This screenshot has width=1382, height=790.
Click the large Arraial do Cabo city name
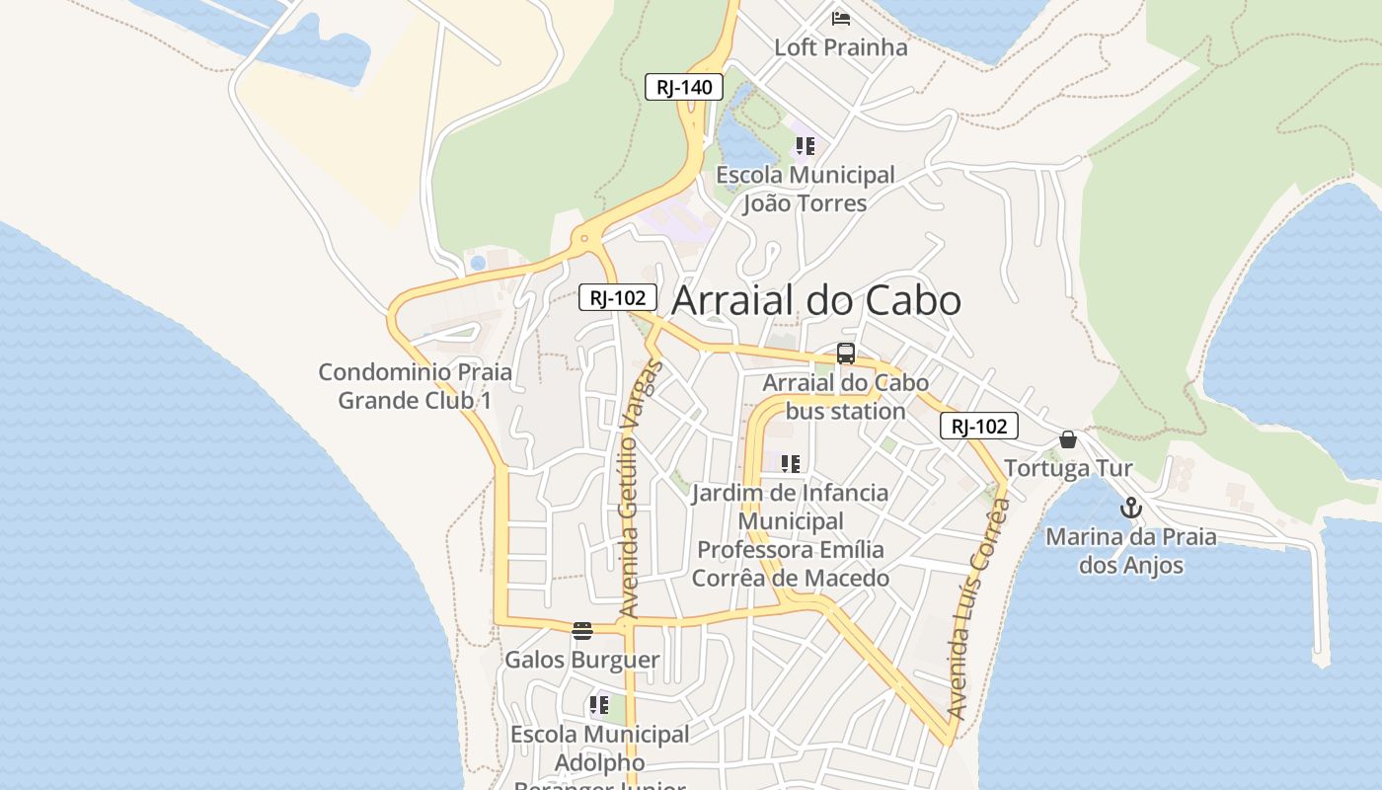coord(816,301)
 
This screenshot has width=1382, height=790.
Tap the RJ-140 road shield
coord(684,87)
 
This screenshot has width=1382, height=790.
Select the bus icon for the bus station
coord(846,354)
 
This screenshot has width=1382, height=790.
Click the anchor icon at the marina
coord(1131,509)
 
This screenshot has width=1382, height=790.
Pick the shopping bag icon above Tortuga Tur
coord(1068,439)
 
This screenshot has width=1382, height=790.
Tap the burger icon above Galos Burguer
coord(582,630)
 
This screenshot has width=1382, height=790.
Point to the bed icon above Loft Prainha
coord(841,19)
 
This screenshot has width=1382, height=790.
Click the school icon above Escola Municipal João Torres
coord(806,146)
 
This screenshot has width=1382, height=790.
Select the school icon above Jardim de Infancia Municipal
coord(791,463)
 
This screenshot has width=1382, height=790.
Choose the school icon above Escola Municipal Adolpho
coord(599,705)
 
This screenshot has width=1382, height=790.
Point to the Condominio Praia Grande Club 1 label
coord(415,386)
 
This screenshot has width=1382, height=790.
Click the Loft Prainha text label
coord(841,47)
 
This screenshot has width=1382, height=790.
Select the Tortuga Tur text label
coord(1068,468)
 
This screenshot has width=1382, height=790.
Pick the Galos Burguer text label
coord(582,660)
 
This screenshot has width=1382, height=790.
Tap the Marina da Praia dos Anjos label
coord(1131,551)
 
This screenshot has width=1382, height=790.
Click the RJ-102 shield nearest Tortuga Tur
coord(978,426)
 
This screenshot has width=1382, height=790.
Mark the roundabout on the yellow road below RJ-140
coord(585,238)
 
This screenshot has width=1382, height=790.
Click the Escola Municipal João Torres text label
coord(806,190)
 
